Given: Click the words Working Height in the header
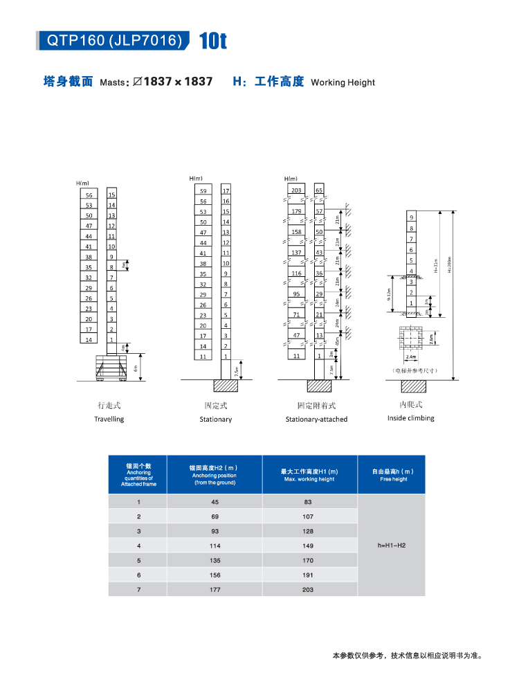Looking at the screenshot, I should (343, 82).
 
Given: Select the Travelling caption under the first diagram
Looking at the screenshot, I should (109, 419).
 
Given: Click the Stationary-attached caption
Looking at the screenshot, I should (316, 419).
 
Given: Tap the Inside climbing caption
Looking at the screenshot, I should (411, 418).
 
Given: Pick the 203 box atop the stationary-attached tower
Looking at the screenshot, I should (296, 190).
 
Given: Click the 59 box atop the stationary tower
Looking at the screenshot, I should (203, 190).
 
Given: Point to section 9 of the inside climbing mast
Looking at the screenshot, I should (411, 217).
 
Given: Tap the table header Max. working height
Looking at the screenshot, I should (309, 475).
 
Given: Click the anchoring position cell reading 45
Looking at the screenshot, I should (214, 502).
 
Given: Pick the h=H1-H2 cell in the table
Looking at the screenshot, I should (392, 546).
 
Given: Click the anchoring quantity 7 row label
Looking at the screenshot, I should (138, 589).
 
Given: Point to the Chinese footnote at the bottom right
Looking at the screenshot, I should (406, 655).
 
